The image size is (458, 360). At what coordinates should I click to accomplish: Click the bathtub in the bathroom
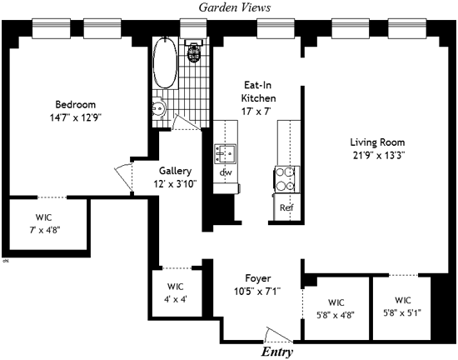[x=165, y=63]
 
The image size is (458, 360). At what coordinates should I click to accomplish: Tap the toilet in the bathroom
[x=194, y=51]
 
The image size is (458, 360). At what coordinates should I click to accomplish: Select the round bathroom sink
[x=158, y=108]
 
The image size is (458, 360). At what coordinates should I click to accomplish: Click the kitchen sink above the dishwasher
[x=225, y=153]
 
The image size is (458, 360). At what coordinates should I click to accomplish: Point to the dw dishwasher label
[x=226, y=172]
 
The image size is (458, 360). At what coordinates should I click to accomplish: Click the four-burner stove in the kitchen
[x=286, y=179]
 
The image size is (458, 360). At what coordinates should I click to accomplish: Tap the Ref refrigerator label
[x=286, y=207]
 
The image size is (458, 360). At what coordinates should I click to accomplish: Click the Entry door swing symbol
[x=278, y=335]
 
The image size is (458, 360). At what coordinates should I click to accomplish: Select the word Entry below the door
[x=277, y=352]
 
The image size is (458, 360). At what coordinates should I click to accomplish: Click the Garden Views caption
[x=235, y=7]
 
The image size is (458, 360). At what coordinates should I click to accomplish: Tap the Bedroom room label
[x=75, y=104]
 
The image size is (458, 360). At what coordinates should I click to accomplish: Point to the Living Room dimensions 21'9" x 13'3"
[x=379, y=155]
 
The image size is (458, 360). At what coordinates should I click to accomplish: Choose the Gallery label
[x=175, y=171]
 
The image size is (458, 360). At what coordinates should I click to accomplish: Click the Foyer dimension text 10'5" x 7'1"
[x=257, y=292]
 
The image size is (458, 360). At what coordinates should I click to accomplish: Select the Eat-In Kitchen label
[x=258, y=92]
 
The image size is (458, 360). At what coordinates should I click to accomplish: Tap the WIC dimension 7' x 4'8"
[x=45, y=230]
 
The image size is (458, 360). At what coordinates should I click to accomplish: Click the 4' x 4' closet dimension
[x=176, y=299]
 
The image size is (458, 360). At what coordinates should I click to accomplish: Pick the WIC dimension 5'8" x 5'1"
[x=402, y=313]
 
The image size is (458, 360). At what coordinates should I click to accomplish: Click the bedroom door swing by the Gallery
[x=124, y=177]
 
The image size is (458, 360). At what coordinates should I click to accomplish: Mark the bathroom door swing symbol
[x=186, y=122]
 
